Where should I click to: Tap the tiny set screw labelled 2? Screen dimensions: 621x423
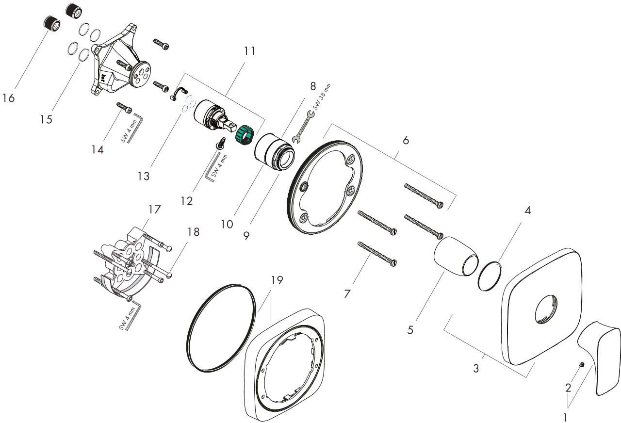point(582,365)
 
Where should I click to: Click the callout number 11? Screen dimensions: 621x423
point(249,51)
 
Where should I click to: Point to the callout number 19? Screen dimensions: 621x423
point(277,280)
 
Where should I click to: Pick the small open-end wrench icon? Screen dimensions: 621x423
point(303,127)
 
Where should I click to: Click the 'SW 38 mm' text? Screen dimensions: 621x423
point(322,97)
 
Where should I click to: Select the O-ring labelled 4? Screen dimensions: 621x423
point(490,276)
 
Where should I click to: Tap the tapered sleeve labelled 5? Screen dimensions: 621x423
point(456,256)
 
